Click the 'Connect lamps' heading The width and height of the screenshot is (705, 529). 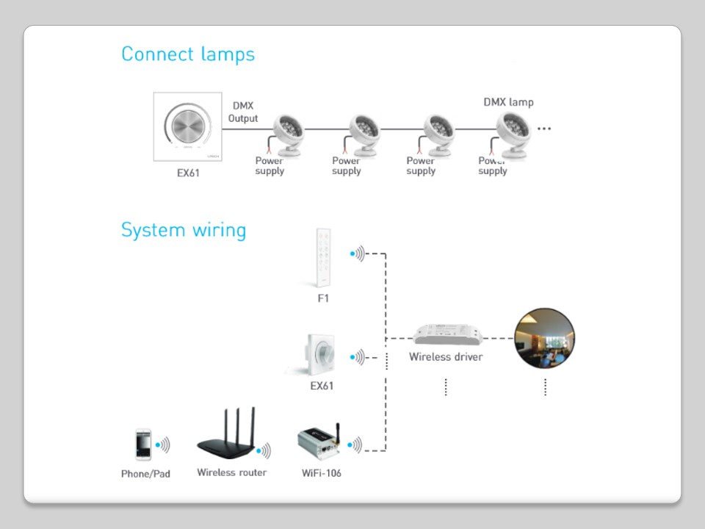(x=188, y=54)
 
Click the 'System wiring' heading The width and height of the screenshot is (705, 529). (x=184, y=230)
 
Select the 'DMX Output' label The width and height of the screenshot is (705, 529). (x=243, y=112)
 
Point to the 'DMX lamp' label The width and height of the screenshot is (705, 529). (x=508, y=102)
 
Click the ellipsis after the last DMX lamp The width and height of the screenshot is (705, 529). (x=544, y=129)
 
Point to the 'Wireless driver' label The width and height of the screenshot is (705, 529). (x=446, y=357)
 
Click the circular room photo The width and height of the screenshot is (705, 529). (x=544, y=339)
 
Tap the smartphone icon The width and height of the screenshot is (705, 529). (x=142, y=446)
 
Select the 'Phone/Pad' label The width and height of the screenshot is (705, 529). (x=145, y=474)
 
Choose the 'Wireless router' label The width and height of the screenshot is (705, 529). (x=232, y=472)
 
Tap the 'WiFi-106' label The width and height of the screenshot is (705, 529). (x=322, y=473)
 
